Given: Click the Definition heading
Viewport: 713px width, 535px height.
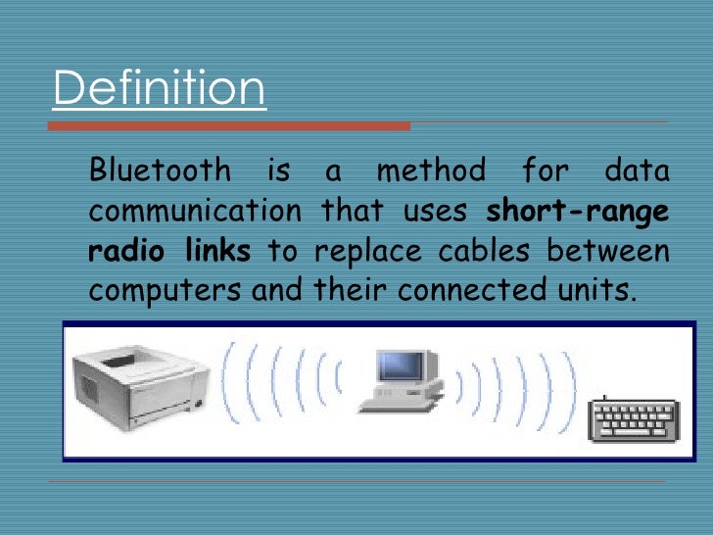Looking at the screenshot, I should pyautogui.click(x=159, y=88).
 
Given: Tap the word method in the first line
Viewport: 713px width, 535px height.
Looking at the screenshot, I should pyautogui.click(x=431, y=171).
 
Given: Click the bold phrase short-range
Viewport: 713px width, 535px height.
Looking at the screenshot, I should pyautogui.click(x=578, y=211).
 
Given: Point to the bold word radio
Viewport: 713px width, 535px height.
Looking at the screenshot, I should pyautogui.click(x=119, y=251).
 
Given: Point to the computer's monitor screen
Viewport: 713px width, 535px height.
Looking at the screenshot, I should pyautogui.click(x=400, y=366).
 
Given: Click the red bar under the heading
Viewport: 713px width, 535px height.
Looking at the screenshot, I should pyautogui.click(x=231, y=125).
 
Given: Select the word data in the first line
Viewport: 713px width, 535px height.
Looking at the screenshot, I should pyautogui.click(x=637, y=171).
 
